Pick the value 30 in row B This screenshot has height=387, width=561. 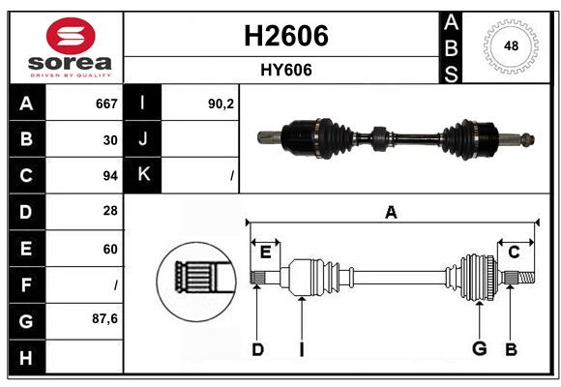click(x=110, y=139)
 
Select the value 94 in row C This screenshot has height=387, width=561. click(x=110, y=176)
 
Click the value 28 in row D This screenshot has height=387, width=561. click(x=110, y=212)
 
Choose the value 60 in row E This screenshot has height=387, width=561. click(x=110, y=249)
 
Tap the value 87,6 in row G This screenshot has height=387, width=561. click(x=105, y=320)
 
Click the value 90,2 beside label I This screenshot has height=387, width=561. click(x=221, y=104)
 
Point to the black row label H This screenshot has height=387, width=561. click(x=25, y=357)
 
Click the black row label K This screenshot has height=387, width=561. click(x=143, y=175)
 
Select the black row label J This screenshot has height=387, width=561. click(x=143, y=139)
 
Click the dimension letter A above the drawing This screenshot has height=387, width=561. click(x=391, y=213)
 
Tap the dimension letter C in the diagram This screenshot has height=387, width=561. click(x=514, y=252)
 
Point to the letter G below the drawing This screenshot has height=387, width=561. click(x=478, y=349)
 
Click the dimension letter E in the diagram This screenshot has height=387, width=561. click(x=265, y=252)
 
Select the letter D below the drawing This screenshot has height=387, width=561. click(x=257, y=349)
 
